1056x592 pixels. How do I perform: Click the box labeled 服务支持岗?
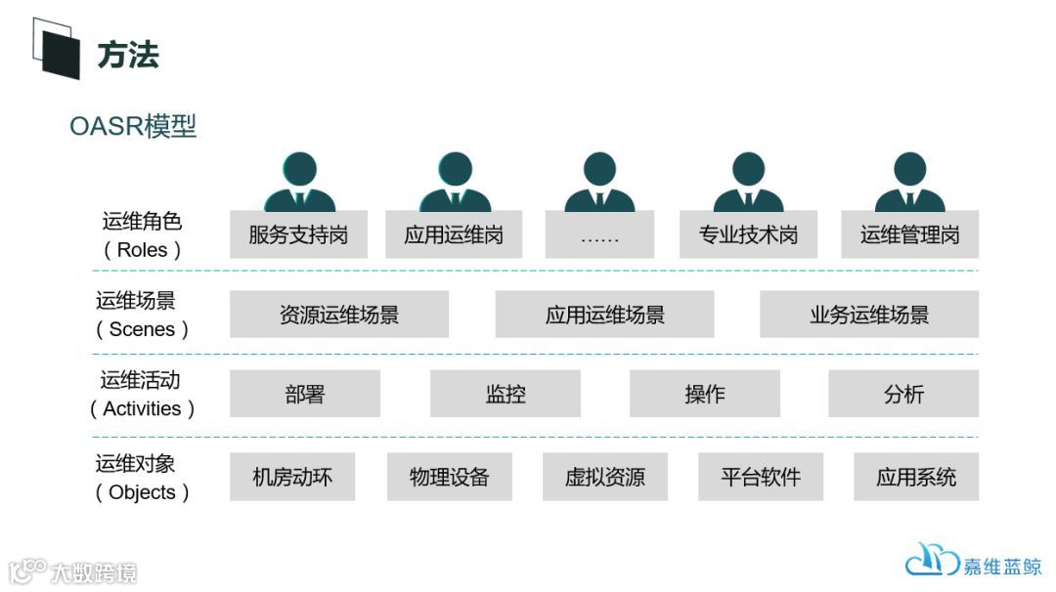(298, 234)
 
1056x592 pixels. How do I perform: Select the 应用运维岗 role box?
(454, 234)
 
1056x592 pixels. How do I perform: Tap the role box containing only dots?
(599, 234)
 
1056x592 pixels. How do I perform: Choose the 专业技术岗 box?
(748, 234)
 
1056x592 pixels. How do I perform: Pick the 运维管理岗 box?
(909, 234)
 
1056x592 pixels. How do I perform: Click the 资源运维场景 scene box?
(339, 315)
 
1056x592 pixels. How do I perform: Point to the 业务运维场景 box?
(869, 315)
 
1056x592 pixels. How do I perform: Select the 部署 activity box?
(305, 394)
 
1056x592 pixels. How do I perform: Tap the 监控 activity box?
(506, 394)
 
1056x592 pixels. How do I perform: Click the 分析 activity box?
(903, 394)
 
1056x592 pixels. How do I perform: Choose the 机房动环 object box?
(292, 477)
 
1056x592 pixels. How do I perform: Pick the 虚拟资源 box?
(605, 477)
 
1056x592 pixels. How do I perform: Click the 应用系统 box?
(916, 477)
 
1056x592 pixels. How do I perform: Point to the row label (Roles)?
(143, 249)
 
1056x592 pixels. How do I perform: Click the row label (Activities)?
(143, 408)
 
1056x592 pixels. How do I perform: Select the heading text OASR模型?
(133, 127)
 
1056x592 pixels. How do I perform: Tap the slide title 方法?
(128, 55)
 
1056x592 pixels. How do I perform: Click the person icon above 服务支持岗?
(299, 183)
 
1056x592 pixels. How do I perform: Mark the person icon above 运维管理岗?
(909, 183)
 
